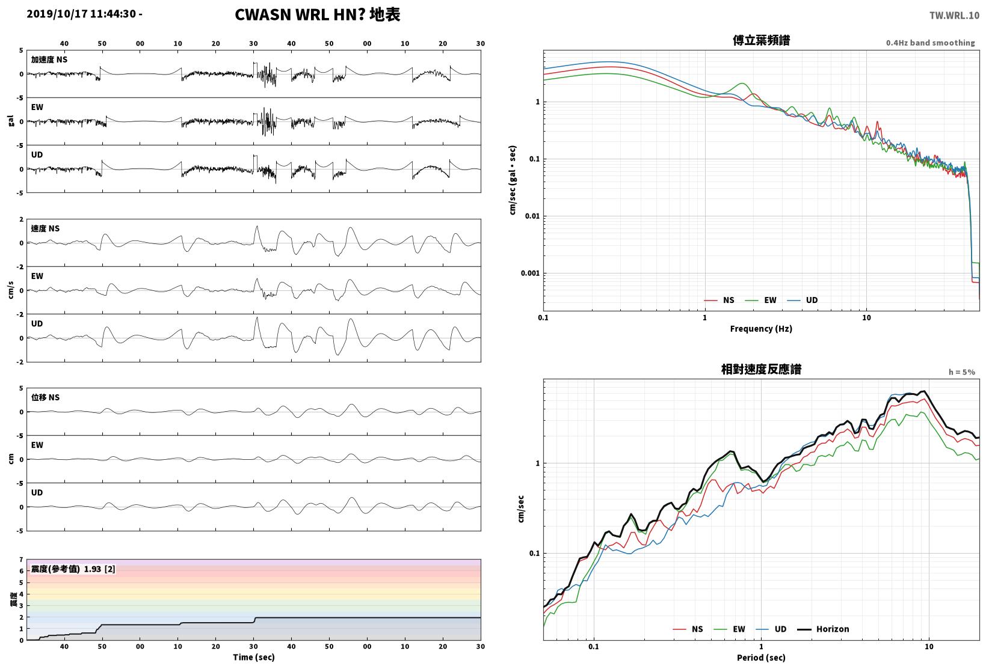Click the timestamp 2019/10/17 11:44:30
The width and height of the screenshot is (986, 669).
pos(81,14)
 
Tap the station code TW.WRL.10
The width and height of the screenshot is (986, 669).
pos(954,16)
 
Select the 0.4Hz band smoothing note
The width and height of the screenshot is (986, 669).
pos(930,43)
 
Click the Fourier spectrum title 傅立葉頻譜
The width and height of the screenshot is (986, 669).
pos(761,40)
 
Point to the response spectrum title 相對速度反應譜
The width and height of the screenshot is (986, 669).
pos(761,369)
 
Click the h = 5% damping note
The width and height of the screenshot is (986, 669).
pos(961,372)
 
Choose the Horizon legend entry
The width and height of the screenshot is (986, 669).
pos(823,629)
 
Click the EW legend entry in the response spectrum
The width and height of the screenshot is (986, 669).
pos(729,629)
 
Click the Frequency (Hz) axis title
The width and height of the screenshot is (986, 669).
pos(761,329)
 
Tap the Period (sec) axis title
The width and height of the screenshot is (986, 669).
pos(761,658)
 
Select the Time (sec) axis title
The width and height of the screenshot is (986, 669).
pos(254,657)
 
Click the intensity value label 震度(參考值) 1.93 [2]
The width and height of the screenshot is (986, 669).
pos(73,569)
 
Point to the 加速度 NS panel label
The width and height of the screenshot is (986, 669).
pos(49,60)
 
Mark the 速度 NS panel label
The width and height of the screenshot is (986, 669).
pos(45,228)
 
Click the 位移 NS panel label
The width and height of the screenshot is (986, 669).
pos(45,397)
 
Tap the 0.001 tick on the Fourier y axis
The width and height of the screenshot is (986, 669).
pos(530,273)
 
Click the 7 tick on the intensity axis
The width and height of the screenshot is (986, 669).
pos(21,560)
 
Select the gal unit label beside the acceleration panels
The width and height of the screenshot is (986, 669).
pos(11,121)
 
